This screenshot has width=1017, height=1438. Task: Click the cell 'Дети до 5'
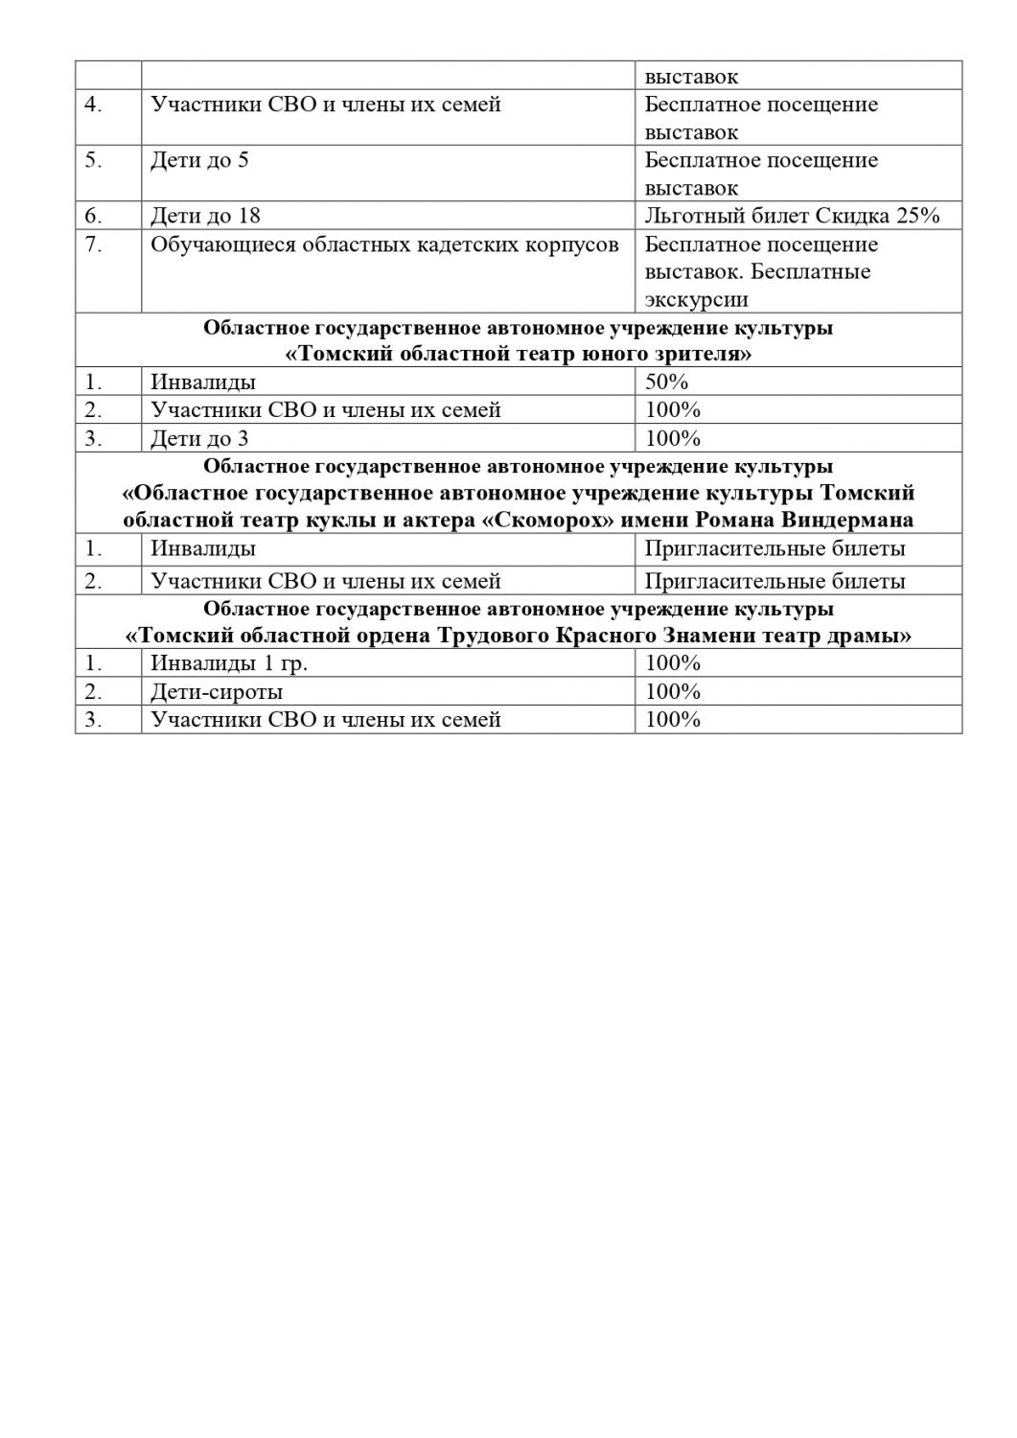[x=199, y=160]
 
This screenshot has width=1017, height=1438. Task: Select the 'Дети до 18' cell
[x=205, y=216]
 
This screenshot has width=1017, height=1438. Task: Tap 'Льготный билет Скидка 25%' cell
[x=792, y=216]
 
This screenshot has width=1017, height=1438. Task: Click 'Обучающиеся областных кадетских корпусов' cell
[x=384, y=244]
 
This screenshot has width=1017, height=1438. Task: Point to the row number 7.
[x=93, y=244]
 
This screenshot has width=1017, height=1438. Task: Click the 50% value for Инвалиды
[x=667, y=382]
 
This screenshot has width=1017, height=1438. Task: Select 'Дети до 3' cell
[x=199, y=439]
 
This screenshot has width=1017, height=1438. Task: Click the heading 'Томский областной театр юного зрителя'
[x=519, y=355]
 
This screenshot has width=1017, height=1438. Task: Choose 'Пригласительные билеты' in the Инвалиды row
[x=774, y=549]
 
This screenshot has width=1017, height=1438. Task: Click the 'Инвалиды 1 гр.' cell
[x=229, y=663]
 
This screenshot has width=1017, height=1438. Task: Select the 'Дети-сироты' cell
[x=217, y=691]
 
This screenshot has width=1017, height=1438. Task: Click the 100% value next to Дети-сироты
[x=673, y=691]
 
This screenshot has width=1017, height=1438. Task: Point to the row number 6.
[x=93, y=216]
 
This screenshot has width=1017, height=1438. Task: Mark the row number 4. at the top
[x=93, y=104]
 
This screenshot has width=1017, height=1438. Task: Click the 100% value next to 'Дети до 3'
[x=673, y=439]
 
